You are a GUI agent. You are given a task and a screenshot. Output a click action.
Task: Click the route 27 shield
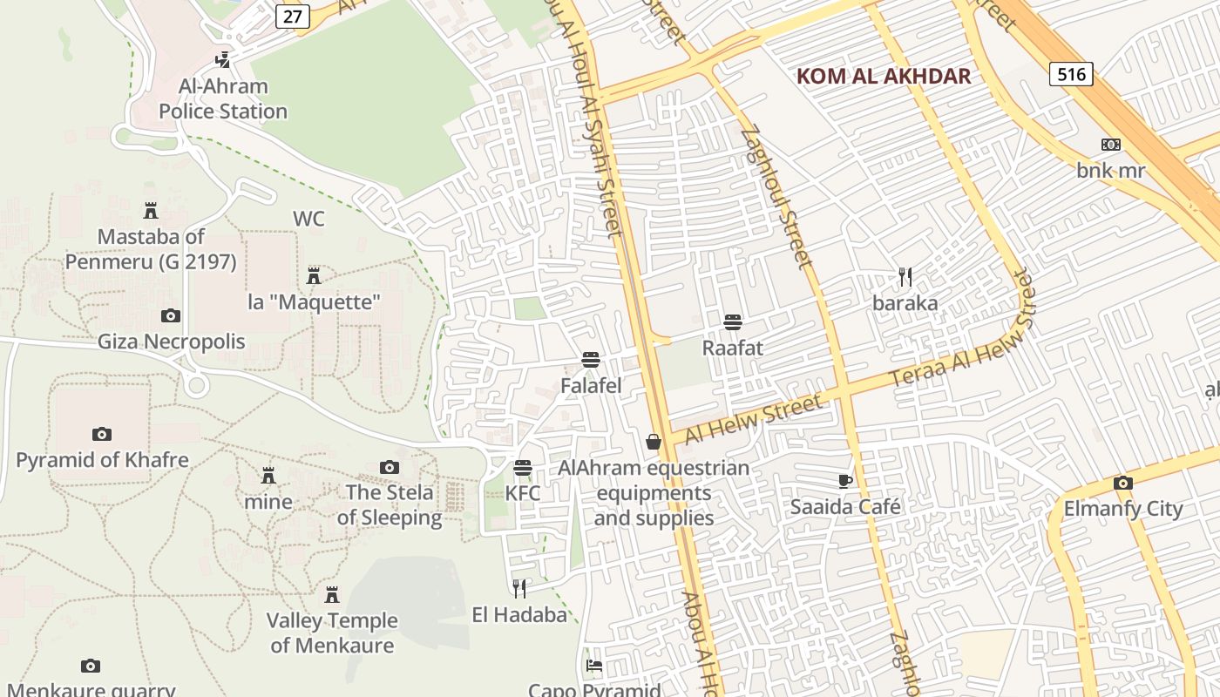294,17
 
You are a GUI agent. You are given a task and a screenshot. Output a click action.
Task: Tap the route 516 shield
1070,74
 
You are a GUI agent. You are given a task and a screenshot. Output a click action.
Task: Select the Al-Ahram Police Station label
223,98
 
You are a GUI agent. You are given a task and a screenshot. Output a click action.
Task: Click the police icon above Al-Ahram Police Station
223,59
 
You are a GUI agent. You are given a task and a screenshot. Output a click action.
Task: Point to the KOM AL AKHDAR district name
884,76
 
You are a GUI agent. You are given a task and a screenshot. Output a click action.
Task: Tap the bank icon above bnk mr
1110,145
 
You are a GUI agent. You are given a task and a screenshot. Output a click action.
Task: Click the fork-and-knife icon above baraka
905,277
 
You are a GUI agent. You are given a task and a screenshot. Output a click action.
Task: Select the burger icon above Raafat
732,322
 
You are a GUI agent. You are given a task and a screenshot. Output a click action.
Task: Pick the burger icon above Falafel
591,360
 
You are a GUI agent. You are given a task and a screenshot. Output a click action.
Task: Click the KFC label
523,493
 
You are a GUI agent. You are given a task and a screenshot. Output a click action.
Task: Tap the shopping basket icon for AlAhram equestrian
654,443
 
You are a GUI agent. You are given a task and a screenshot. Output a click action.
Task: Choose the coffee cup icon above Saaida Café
844,481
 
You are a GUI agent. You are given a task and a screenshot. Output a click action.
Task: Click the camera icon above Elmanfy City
1122,484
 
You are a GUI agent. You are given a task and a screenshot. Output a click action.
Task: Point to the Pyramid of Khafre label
102,460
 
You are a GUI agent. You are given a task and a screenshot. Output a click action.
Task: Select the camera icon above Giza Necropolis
171,315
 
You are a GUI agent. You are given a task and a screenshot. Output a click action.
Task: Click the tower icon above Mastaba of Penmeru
151,211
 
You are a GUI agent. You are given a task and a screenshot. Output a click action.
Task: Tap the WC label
308,219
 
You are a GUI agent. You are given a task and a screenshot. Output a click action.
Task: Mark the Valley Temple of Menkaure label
332,633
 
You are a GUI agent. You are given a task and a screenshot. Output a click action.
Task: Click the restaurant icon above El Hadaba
519,589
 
